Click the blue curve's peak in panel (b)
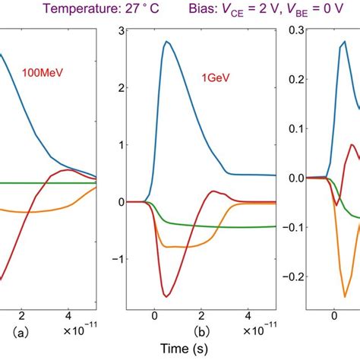(x=166, y=42)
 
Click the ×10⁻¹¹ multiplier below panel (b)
(x=256, y=333)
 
